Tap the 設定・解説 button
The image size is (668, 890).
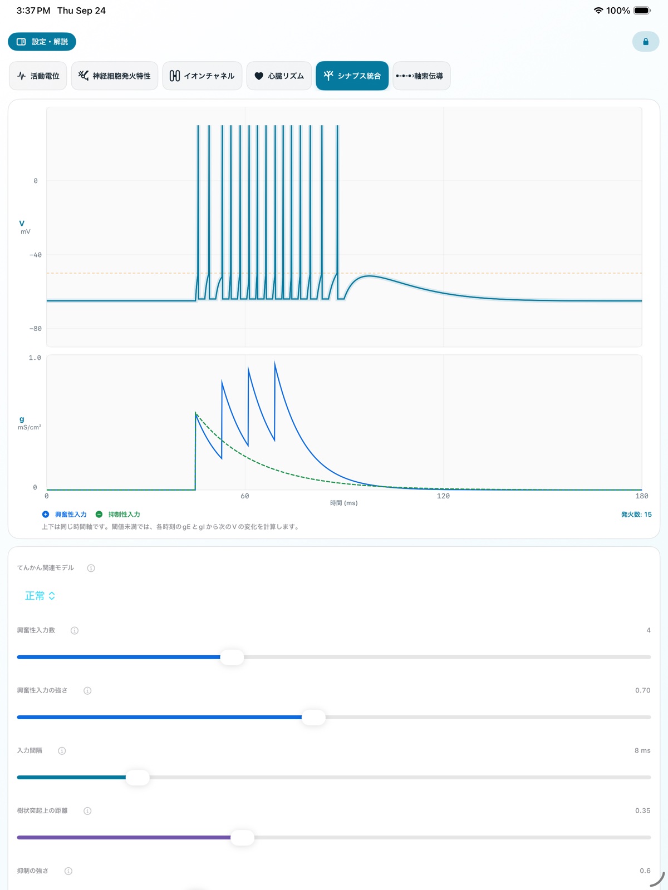42,42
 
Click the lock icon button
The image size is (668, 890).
645,42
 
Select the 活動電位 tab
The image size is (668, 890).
38,76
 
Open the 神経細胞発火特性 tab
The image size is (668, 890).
114,76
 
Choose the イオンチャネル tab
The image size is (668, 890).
202,76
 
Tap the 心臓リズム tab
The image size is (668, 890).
279,76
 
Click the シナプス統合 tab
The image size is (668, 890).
352,76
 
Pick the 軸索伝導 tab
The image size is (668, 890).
421,76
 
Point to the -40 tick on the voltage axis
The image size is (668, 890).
35,255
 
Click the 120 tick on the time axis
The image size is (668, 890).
443,496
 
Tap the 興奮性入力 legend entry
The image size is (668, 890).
65,514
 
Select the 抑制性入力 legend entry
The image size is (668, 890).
117,514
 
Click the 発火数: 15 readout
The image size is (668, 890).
636,514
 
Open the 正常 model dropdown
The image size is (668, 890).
40,596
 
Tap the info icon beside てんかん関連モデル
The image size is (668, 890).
91,568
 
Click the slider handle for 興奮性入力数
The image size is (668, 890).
232,657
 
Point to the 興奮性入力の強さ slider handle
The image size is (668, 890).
313,717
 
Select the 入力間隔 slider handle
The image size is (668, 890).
137,777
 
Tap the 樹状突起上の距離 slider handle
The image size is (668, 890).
242,837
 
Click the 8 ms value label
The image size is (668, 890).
642,750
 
